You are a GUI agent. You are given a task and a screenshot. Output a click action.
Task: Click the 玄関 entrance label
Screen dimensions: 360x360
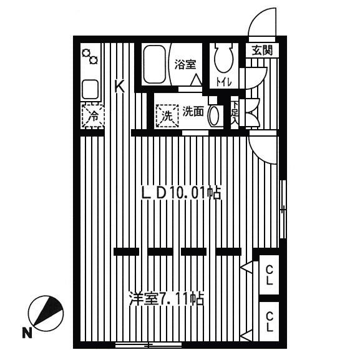(x=262, y=51)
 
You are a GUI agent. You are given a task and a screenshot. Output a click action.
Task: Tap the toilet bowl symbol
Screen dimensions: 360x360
(x=223, y=57)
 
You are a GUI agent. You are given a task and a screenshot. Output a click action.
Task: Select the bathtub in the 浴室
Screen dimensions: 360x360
(x=154, y=64)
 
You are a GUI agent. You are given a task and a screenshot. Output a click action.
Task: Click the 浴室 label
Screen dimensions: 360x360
(x=185, y=64)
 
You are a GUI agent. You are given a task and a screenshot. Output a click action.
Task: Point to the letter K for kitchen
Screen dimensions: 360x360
(x=120, y=86)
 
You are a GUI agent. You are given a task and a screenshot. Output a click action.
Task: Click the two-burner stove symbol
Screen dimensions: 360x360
(x=90, y=57)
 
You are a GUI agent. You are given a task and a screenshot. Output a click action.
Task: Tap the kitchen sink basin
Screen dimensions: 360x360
(x=90, y=89)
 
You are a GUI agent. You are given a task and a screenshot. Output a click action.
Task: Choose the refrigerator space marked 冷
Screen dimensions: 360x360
(x=93, y=115)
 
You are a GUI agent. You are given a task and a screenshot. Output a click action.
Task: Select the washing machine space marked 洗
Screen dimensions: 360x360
(x=167, y=115)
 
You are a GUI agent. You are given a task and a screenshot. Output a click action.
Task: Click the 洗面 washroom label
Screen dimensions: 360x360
(x=193, y=112)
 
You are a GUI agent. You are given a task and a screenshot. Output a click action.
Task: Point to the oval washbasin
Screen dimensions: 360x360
(x=214, y=115)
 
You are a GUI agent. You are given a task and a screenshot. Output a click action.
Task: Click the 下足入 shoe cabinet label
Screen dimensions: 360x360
(x=235, y=112)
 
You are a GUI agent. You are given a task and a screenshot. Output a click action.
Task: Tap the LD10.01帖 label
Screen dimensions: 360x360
(x=182, y=193)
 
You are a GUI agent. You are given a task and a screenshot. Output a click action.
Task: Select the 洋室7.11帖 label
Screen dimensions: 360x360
(x=167, y=299)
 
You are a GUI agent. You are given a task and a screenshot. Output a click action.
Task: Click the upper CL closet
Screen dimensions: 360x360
(x=269, y=275)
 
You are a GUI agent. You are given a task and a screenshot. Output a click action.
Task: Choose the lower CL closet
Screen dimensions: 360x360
(x=269, y=321)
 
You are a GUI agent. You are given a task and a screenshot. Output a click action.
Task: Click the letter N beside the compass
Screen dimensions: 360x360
(x=27, y=333)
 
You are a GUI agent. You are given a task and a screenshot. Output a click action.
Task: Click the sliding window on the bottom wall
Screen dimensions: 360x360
(x=148, y=344)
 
